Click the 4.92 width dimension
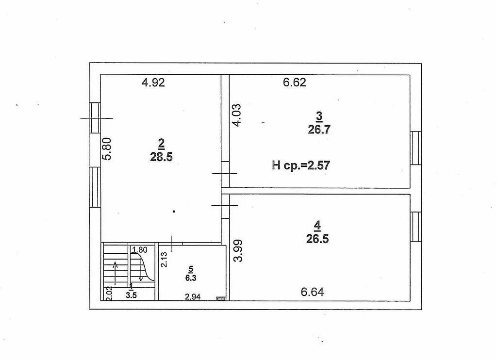tap(153, 82)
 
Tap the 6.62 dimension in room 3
tap(295, 82)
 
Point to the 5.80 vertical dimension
tap(108, 148)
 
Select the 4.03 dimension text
tap(236, 115)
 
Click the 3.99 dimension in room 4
tap(238, 250)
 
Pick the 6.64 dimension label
tap(312, 292)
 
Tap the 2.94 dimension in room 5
tap(193, 297)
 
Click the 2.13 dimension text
tap(164, 260)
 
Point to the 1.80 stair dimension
tap(139, 250)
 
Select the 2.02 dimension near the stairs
tap(109, 294)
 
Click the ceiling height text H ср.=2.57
tap(301, 165)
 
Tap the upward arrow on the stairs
tap(116, 273)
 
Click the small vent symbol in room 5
tap(221, 298)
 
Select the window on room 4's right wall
tap(415, 227)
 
